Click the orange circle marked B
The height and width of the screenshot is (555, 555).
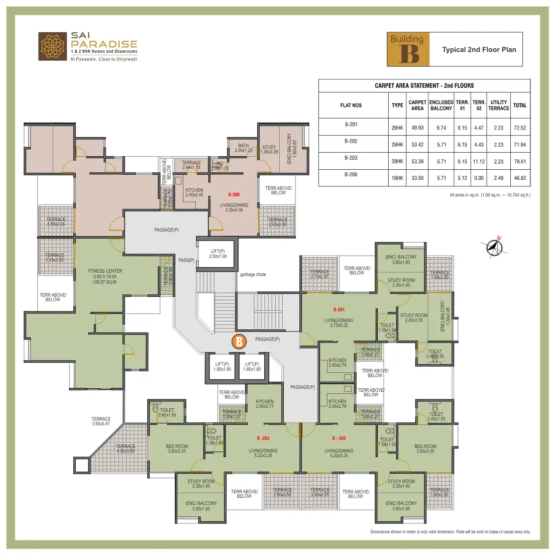coord(240,342)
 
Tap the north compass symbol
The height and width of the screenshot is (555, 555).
coord(495,247)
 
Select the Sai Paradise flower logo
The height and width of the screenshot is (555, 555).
coord(53,47)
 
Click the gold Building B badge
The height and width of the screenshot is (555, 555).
coord(408,49)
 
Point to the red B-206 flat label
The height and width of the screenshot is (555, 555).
coord(234,194)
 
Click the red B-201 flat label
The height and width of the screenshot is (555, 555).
coord(339,310)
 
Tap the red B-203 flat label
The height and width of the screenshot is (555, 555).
coord(263,438)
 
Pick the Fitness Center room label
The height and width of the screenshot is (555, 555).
coord(104,276)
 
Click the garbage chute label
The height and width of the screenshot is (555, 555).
coord(253,275)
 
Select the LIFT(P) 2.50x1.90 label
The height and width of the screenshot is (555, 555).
coord(218,254)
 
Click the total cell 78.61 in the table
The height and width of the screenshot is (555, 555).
coord(520,162)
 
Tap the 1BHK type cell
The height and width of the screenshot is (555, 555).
coord(397,178)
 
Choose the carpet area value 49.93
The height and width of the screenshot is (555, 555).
coord(417,128)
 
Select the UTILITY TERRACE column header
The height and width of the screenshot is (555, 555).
coord(499,105)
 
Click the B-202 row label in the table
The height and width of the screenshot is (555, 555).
coord(351,141)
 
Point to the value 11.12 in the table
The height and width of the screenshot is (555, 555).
coord(479,162)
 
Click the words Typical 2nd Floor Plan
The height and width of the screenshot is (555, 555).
coord(479,50)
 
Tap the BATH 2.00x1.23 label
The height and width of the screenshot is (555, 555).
coord(244,148)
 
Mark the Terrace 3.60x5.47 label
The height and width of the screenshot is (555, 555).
coord(101,421)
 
